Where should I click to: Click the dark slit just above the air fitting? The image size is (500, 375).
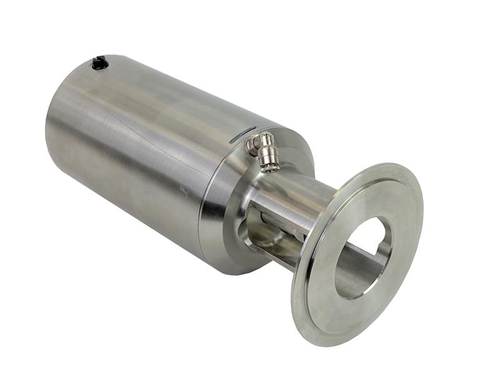pyautogui.click(x=242, y=136)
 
